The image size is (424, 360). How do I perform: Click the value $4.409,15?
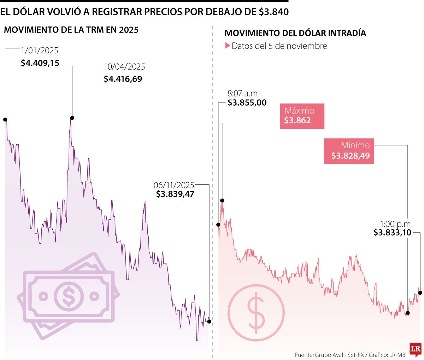click(x=40, y=63)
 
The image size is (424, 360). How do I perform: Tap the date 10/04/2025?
click(x=124, y=67)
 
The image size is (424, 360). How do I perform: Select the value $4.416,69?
click(x=123, y=79)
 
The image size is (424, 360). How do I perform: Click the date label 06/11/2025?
click(x=174, y=185)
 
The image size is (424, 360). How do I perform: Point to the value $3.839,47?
click(x=175, y=194)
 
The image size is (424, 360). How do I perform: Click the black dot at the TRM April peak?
click(x=72, y=118)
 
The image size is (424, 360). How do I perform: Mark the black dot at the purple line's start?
click(x=5, y=119)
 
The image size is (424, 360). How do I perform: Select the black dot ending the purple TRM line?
click(x=209, y=321)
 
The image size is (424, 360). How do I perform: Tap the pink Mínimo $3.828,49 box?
click(x=349, y=151)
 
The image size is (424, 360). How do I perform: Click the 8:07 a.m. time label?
click(x=243, y=94)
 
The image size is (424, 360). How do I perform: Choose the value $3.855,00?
click(x=247, y=103)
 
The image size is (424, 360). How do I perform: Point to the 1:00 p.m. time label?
click(x=396, y=224)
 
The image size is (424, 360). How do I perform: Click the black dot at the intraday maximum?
click(x=222, y=201)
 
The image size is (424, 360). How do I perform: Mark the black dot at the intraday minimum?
click(x=407, y=313)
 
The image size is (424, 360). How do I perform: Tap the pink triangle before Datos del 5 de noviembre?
click(x=228, y=46)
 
